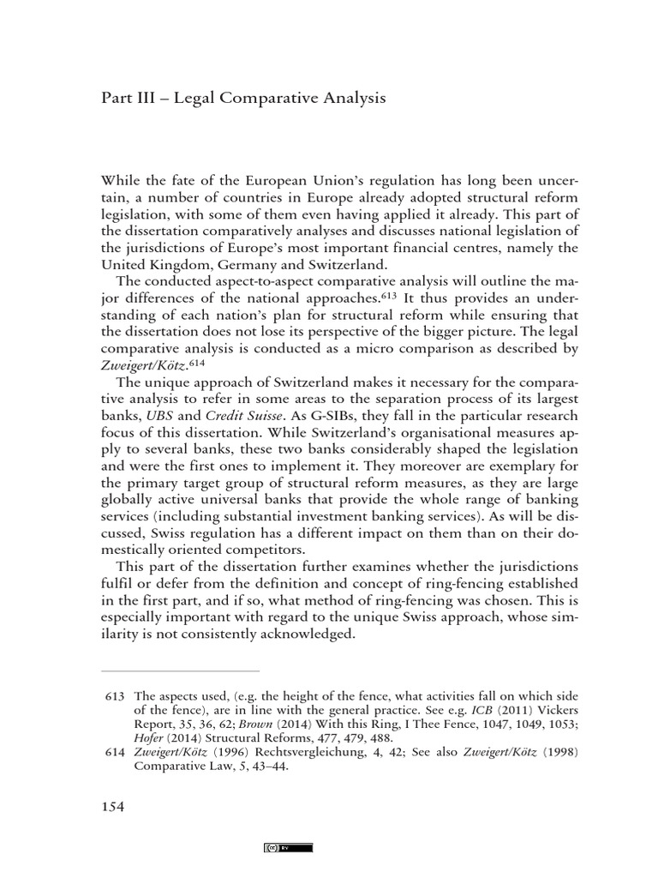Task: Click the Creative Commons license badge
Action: coord(288,847)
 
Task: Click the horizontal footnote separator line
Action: coord(180,671)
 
